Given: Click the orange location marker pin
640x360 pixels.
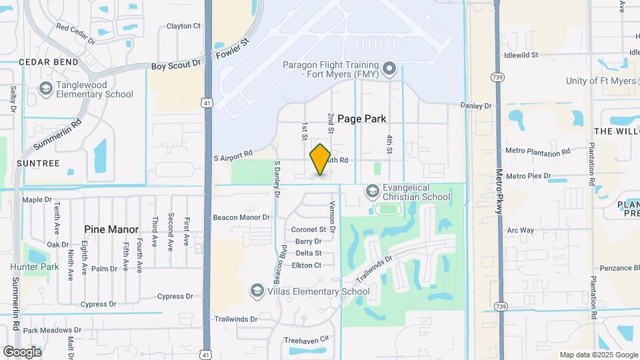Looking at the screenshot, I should click(321, 159).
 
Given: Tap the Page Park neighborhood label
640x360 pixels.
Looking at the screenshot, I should click(361, 119).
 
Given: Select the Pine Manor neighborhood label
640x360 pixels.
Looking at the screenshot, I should click(111, 229).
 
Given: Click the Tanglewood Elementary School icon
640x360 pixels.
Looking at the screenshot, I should click(45, 88).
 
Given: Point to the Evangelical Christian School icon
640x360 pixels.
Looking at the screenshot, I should click(372, 192).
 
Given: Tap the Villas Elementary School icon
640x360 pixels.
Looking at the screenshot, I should click(257, 291).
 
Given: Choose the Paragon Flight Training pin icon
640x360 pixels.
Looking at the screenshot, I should click(389, 69).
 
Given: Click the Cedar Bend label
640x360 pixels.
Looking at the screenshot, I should click(39, 62).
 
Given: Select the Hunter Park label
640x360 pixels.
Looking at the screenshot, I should click(35, 267).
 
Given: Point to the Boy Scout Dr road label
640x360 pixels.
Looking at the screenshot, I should click(176, 65).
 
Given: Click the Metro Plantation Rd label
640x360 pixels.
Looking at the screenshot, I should click(538, 151).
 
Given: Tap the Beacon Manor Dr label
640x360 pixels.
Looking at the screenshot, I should click(241, 217).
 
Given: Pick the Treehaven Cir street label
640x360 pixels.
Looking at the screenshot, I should click(307, 339).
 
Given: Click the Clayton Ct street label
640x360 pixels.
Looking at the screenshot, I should click(183, 26).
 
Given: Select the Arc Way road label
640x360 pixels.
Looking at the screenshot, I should click(521, 230).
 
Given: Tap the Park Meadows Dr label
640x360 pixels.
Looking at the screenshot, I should click(52, 330).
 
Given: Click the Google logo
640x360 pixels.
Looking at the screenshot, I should click(22, 351).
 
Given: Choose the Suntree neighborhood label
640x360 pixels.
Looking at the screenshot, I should click(38, 163).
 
